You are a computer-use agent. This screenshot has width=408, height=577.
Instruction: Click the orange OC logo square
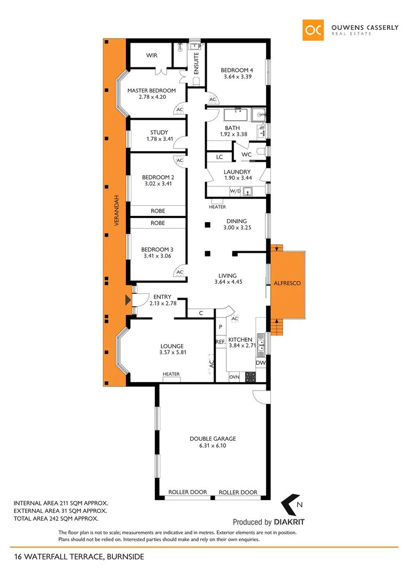tap(313, 30)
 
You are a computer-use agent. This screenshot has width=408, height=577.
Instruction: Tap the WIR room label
tap(152, 55)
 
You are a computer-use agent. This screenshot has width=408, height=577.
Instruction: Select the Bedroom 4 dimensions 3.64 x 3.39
tap(238, 77)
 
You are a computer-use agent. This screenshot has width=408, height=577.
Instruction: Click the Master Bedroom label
tap(151, 90)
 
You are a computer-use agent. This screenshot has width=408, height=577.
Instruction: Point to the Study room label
tap(159, 132)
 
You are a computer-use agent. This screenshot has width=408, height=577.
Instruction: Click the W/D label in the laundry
tap(235, 191)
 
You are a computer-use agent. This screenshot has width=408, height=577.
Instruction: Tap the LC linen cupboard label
tap(219, 157)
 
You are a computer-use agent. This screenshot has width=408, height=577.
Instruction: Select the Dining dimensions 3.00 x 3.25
tap(237, 228)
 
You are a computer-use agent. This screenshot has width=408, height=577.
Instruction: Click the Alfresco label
tap(288, 284)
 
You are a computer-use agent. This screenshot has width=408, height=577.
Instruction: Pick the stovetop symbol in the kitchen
tap(250, 377)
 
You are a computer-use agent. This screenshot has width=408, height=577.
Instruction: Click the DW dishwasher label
tap(261, 363)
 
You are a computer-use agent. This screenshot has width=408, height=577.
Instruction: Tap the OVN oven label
tap(234, 377)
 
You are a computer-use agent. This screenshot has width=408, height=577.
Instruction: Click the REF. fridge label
tap(219, 342)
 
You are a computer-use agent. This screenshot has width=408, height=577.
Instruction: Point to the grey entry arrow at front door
tap(127, 301)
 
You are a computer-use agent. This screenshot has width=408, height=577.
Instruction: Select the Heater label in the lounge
tap(171, 374)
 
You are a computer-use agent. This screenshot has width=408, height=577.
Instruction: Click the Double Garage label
tap(213, 439)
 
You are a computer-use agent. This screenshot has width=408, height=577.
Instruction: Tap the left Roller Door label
tap(187, 492)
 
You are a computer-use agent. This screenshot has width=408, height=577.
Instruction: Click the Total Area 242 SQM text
tap(56, 518)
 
